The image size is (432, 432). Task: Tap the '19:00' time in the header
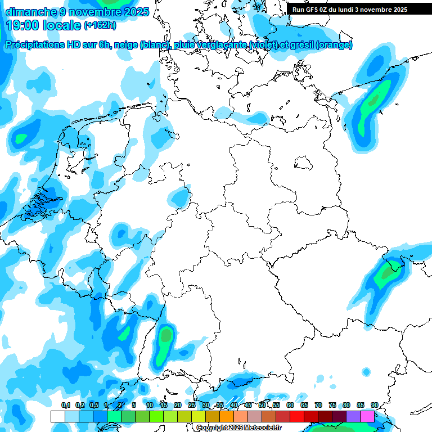point(22,25)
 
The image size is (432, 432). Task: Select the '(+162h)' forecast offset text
point(100,25)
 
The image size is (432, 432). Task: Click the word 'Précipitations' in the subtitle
point(34,45)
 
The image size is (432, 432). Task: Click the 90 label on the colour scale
point(374,406)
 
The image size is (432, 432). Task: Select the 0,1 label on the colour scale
point(65,406)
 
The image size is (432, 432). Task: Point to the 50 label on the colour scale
point(262,406)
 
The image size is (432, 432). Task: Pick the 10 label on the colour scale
point(150,406)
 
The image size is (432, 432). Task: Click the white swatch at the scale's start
point(57,416)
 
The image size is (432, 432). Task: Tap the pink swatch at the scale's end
point(367,416)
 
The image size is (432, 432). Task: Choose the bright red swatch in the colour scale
point(297,416)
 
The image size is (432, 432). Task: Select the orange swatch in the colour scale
point(227,416)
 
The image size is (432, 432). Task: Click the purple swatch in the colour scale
point(353,416)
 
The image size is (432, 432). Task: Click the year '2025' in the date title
point(135,11)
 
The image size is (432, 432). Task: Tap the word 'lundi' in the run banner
point(366,10)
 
